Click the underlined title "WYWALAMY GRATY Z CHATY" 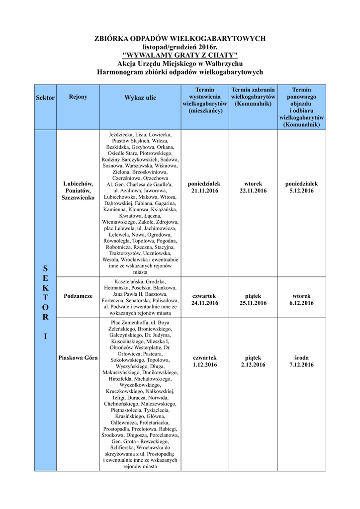[x=180, y=55]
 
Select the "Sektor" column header [x=45, y=98]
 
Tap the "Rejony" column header [x=78, y=97]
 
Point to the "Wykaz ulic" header [x=140, y=98]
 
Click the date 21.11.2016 [x=205, y=191]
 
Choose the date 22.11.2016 [x=253, y=191]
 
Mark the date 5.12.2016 [x=301, y=191]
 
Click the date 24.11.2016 [x=205, y=303]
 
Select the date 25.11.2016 [x=253, y=303]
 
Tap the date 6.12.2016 [x=301, y=303]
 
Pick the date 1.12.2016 [x=205, y=365]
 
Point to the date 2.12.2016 [x=253, y=365]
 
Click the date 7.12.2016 [x=301, y=365]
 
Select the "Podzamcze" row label [x=78, y=296]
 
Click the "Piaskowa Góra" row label [x=78, y=358]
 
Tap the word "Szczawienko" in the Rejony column [x=78, y=198]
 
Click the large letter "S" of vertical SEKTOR [x=45, y=269]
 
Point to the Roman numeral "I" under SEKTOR [x=45, y=337]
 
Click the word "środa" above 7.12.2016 [x=301, y=358]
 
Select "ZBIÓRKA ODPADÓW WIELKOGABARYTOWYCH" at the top [x=180, y=38]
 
